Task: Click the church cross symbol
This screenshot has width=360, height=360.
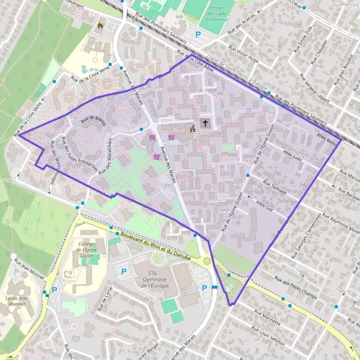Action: click(x=205, y=123)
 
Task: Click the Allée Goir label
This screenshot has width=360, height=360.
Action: click(x=264, y=206)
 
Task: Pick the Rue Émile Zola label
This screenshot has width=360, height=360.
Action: click(x=303, y=40)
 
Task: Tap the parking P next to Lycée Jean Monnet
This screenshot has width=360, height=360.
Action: click(x=55, y=290)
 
